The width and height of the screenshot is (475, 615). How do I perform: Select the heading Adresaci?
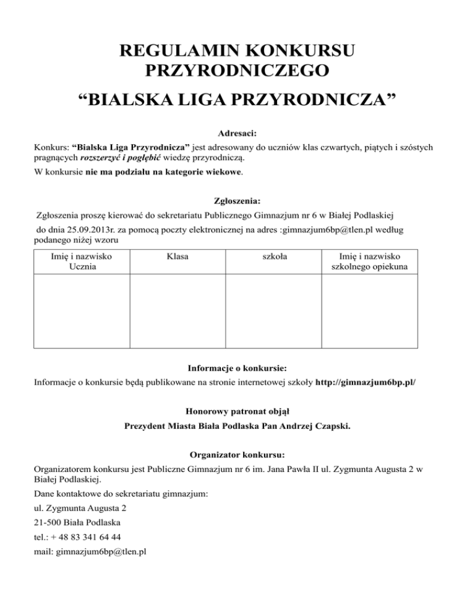click(237, 132)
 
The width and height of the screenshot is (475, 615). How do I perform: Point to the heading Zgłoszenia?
click(237, 200)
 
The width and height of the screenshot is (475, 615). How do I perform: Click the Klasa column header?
click(178, 256)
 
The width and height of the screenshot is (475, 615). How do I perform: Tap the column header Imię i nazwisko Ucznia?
click(82, 261)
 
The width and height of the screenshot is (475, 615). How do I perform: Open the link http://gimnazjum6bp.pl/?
click(366, 384)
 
